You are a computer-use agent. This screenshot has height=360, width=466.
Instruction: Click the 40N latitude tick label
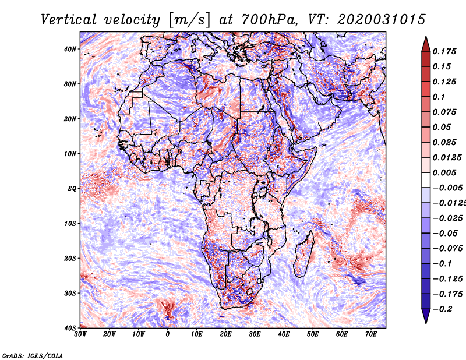pyautogui.click(x=70, y=49)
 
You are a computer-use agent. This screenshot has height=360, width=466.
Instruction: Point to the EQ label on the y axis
pyautogui.click(x=72, y=189)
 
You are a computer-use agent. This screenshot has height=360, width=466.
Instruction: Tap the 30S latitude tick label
pyautogui.click(x=70, y=293)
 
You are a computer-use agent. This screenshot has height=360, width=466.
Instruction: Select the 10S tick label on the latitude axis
pyautogui.click(x=70, y=223)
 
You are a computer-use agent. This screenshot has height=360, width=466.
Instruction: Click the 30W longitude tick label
pyautogui.click(x=80, y=334)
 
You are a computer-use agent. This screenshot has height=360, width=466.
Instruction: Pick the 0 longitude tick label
pyautogui.click(x=168, y=334)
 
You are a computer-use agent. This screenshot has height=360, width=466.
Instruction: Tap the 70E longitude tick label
pyautogui.click(x=371, y=334)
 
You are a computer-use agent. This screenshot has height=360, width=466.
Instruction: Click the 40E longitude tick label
pyautogui.click(x=284, y=334)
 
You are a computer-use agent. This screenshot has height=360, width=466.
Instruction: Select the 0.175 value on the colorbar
pyautogui.click(x=444, y=52)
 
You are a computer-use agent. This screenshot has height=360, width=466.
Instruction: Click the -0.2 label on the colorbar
pyautogui.click(x=443, y=309)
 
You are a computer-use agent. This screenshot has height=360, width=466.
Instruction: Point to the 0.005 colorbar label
pyautogui.click(x=444, y=172)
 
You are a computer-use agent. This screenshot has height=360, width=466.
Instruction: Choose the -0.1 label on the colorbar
pyautogui.click(x=443, y=264)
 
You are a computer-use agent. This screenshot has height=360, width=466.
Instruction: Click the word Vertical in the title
pyautogui.click(x=69, y=20)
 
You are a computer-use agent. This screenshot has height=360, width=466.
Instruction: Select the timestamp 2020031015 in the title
pyautogui.click(x=382, y=20)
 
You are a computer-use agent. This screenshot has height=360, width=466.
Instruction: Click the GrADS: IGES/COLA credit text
pyautogui.click(x=33, y=356)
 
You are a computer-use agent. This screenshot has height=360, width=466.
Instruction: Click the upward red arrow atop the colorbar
pyautogui.click(x=426, y=44)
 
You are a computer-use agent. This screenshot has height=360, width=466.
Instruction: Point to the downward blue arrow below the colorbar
pyautogui.click(x=426, y=316)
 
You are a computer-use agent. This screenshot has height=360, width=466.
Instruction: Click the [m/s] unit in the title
pyautogui.click(x=189, y=20)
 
